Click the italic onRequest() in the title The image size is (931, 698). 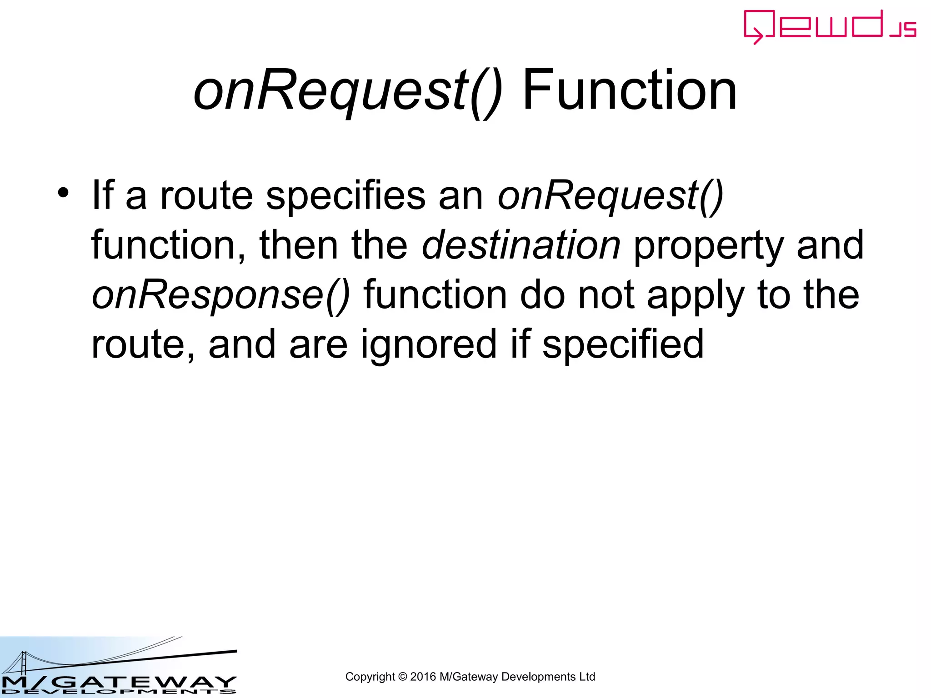tap(348, 91)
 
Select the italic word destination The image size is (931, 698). tap(521, 245)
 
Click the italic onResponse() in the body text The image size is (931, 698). tap(221, 295)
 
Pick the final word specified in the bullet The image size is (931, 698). tap(623, 344)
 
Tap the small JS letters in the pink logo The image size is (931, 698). tap(903, 30)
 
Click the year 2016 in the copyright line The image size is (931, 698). tap(423, 677)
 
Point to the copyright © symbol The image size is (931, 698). tap(402, 677)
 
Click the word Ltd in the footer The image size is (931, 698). tap(587, 677)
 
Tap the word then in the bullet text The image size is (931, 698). tap(298, 245)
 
